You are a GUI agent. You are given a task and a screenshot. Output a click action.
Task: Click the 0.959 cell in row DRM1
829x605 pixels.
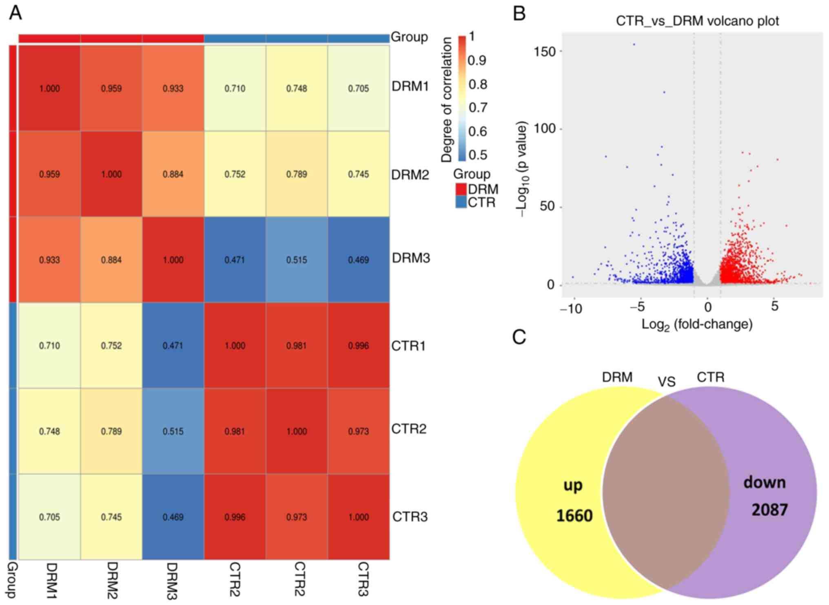[111, 88]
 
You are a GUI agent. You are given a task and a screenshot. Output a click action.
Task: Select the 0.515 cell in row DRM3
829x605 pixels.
[297, 260]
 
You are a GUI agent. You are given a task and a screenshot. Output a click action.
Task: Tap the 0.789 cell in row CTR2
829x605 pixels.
[111, 431]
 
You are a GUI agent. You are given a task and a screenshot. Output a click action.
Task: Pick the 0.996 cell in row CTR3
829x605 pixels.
[235, 517]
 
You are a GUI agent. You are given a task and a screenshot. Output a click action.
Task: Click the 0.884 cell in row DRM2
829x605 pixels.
[173, 174]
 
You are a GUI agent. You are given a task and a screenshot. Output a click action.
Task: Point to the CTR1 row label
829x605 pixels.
[408, 346]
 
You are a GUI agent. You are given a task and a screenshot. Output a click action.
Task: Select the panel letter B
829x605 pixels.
[519, 14]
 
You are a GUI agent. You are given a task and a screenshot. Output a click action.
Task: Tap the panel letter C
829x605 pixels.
[519, 338]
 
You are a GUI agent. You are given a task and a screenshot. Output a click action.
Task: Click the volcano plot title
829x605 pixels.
[697, 21]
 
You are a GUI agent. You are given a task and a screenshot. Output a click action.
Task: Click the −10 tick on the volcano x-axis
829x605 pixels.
[571, 309]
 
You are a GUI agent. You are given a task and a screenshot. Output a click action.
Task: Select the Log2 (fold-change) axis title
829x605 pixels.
[697, 325]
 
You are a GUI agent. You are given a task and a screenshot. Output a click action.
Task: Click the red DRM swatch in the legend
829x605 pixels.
[461, 189]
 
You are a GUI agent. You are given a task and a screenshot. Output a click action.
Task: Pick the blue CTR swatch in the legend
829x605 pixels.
[461, 202]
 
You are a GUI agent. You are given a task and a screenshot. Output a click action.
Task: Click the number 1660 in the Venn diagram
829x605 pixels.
[574, 516]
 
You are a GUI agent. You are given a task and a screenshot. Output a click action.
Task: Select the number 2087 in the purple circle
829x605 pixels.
[769, 510]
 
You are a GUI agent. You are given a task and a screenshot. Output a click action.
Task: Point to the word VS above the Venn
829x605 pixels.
[667, 382]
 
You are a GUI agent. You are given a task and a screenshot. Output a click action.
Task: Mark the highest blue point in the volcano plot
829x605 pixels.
[634, 44]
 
